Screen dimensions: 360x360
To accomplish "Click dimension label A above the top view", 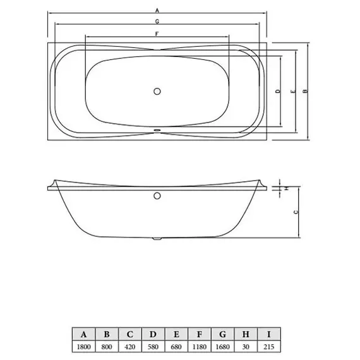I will (157, 11).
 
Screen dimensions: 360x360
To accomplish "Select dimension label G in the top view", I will (157, 21).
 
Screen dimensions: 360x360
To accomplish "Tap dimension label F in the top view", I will (156, 33).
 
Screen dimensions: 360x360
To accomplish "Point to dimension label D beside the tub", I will (278, 92).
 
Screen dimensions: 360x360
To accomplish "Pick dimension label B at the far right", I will (305, 92).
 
